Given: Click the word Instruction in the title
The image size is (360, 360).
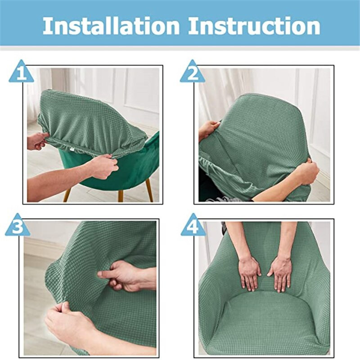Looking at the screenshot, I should [x=254, y=26].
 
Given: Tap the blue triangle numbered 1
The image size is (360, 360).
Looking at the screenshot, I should [x=21, y=73].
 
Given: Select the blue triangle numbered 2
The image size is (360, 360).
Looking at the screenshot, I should [x=193, y=73].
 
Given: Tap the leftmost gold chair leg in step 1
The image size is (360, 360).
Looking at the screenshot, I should [x=67, y=194].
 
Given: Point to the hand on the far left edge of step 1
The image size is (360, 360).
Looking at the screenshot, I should [x=36, y=141].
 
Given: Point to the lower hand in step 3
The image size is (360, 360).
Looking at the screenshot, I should [x=67, y=322].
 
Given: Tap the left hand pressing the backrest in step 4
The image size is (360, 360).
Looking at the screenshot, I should [x=249, y=272].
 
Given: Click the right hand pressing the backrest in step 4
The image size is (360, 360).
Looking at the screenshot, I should [x=280, y=272].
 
